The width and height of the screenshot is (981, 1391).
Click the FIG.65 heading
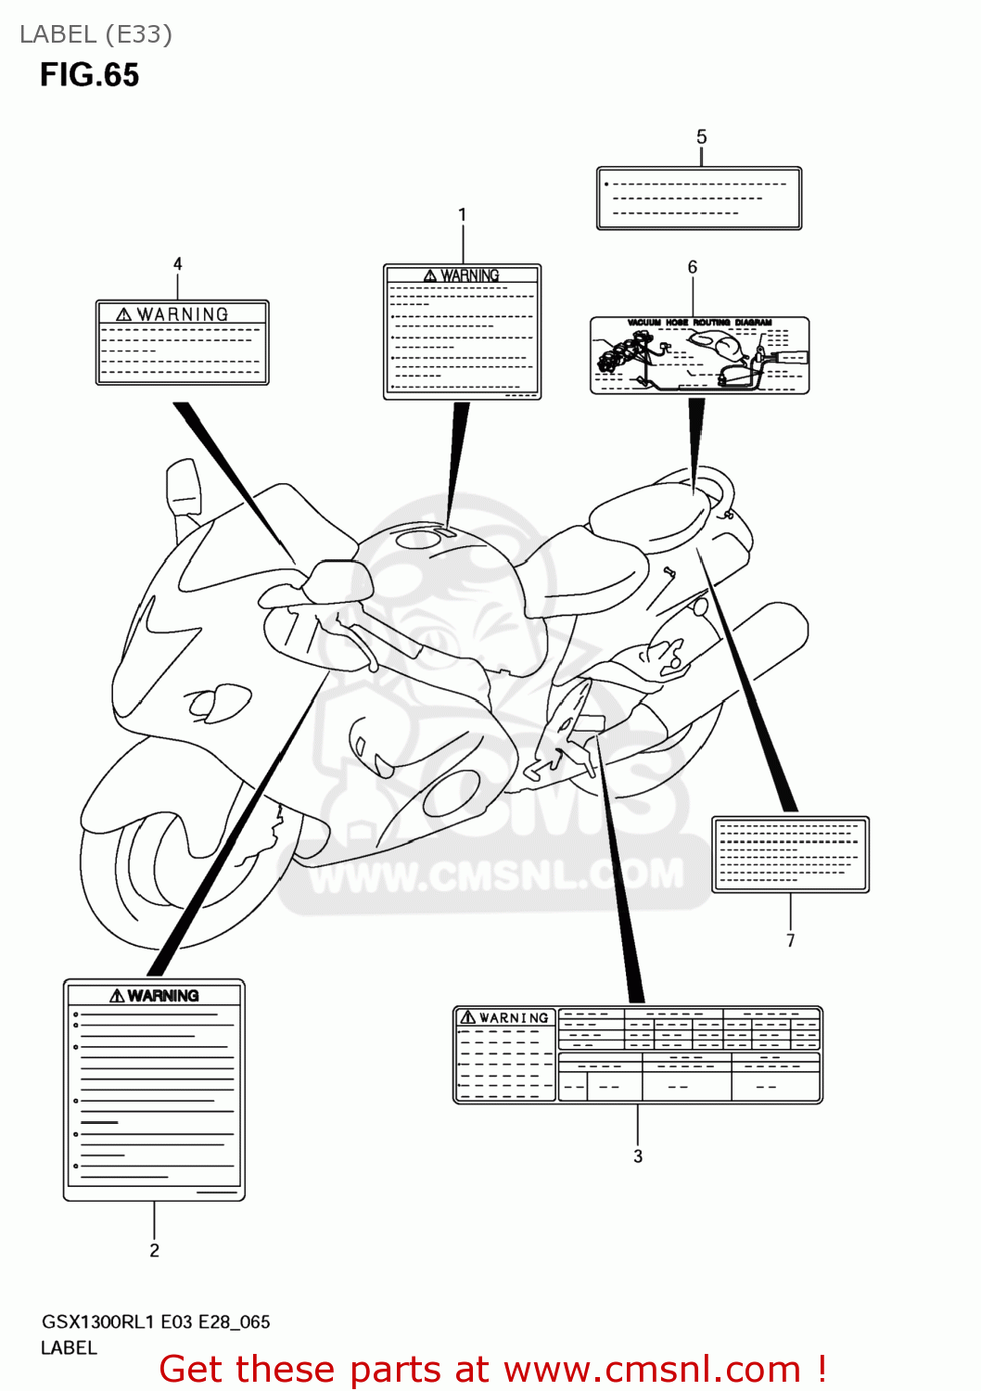click(89, 75)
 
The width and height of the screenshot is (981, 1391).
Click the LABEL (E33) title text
click(96, 34)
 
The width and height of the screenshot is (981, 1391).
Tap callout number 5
click(702, 137)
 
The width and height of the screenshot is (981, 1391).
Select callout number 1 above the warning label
click(463, 215)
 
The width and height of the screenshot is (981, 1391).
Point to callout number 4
click(178, 264)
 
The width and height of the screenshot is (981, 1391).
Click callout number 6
click(693, 267)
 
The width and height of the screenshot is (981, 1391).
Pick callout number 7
click(791, 940)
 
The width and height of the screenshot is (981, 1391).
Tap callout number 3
click(638, 1156)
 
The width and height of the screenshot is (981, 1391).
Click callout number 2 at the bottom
click(155, 1251)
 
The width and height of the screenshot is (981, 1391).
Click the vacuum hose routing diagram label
click(699, 356)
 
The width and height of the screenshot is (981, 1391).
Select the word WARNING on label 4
click(183, 315)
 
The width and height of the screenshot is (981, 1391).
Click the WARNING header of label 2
click(163, 996)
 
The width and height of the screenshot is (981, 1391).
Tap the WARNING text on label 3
click(514, 1018)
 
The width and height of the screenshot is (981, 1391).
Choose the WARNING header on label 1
click(469, 275)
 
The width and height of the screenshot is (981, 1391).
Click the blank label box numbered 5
click(699, 198)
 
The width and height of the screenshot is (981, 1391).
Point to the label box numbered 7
click(790, 855)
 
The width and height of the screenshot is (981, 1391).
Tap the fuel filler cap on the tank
click(420, 537)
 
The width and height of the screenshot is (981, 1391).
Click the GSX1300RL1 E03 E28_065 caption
click(156, 1322)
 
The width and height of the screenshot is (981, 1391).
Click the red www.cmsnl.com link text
click(652, 1370)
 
